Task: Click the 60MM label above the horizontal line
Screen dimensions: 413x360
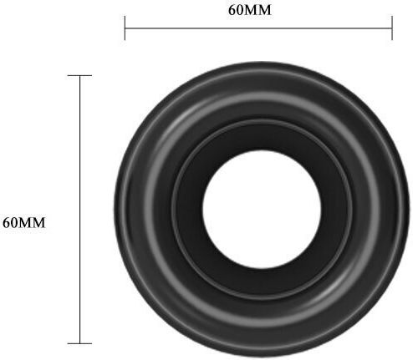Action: pyautogui.click(x=249, y=10)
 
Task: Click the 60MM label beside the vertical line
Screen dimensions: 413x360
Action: pyautogui.click(x=23, y=223)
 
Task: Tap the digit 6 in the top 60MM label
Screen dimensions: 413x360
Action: pyautogui.click(x=232, y=10)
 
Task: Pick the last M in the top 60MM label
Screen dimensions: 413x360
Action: pyautogui.click(x=264, y=10)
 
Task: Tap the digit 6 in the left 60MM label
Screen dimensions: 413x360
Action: pyautogui.click(x=7, y=223)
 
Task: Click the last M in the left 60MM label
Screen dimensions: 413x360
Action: pyautogui.click(x=38, y=223)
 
